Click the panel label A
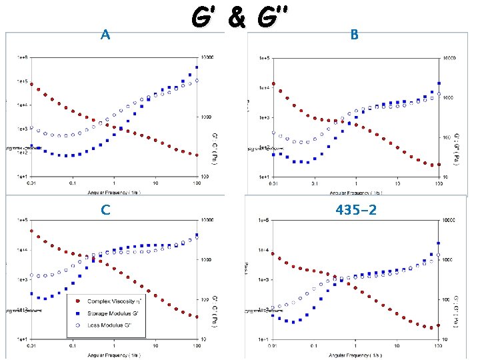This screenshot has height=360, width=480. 105,35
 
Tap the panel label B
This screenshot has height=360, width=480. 355,35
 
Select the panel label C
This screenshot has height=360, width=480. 105,210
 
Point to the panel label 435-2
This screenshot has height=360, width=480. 355,210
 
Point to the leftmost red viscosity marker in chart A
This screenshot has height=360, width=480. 31,84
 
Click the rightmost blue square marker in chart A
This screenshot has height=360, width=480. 197,67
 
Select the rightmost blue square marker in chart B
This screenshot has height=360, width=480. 439,83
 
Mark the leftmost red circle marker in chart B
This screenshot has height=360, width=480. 273,84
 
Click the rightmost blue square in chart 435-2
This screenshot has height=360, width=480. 438,243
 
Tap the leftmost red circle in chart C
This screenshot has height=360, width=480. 31,231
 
